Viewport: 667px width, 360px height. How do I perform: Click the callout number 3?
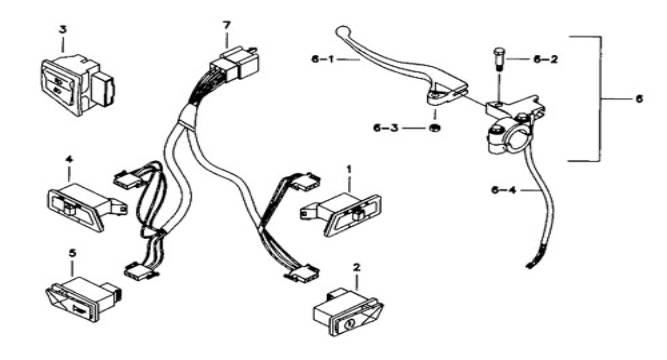coord(63,30)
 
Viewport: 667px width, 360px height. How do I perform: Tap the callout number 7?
coord(226,25)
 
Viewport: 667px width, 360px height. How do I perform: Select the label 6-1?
coord(322,59)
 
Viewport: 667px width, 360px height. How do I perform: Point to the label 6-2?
coord(545,59)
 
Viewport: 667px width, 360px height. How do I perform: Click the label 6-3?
coord(386,128)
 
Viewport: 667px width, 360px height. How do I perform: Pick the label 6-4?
coord(504,190)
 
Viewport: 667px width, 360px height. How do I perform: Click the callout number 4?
coord(69,160)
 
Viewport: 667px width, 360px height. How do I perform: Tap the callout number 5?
coord(72,253)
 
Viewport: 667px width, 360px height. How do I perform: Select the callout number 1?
coord(349,169)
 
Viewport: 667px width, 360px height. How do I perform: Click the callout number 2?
coord(356,267)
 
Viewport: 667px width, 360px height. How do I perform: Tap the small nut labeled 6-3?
coord(434,127)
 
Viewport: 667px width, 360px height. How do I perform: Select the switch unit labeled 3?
coord(78,85)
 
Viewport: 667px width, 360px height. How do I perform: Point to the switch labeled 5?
coord(83,299)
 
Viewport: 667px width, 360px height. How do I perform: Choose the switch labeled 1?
coord(341,214)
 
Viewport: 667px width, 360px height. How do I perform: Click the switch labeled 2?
coord(348,312)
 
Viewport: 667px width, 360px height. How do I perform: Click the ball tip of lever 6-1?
coord(342,31)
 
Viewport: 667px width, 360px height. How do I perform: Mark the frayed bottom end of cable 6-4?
coord(531,263)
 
